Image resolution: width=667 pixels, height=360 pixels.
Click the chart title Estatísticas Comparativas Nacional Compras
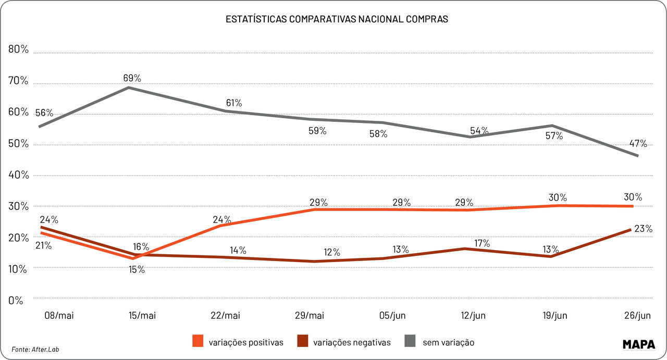(337, 19)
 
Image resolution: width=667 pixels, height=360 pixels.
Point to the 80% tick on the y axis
(18, 49)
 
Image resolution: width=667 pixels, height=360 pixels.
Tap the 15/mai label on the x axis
(142, 316)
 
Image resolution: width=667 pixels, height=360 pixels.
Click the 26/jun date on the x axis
(637, 316)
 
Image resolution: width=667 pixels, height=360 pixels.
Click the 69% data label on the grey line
(132, 78)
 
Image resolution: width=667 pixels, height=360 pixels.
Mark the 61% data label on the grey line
(232, 103)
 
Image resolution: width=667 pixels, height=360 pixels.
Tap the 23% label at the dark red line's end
(643, 229)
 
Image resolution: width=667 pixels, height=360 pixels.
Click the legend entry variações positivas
(238, 342)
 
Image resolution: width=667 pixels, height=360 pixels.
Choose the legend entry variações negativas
(344, 342)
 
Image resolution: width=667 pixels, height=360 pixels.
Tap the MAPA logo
(639, 344)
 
